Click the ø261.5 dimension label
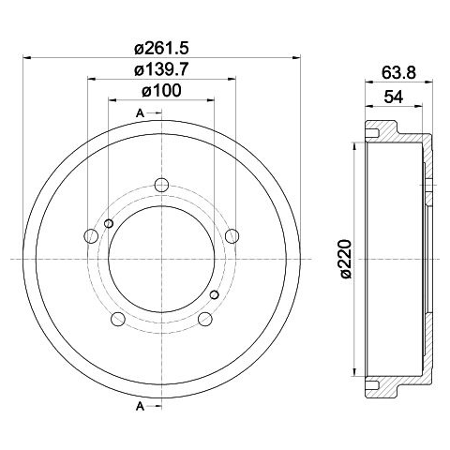click(x=162, y=49)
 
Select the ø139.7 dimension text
click(x=162, y=69)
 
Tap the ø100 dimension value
click(x=161, y=91)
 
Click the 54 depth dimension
click(x=394, y=97)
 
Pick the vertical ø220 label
click(x=346, y=259)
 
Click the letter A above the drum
click(x=140, y=113)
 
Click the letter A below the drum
click(x=140, y=407)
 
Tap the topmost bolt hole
click(x=161, y=185)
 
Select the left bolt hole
click(x=91, y=236)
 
